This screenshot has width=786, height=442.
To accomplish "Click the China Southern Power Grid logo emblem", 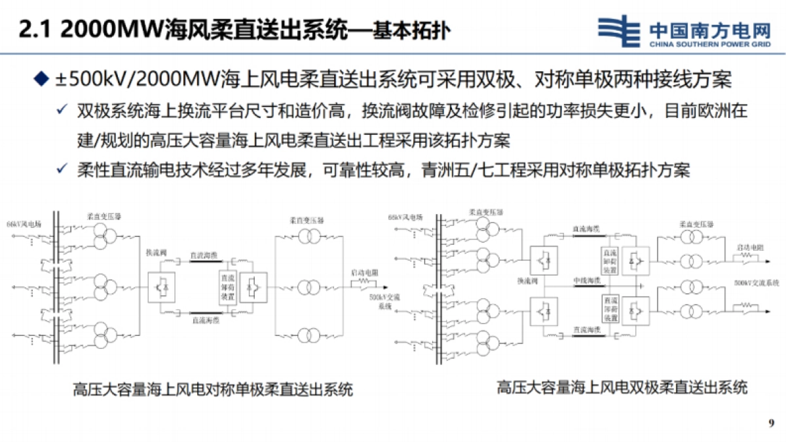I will point(620,31).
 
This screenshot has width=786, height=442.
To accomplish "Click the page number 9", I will point(770,421).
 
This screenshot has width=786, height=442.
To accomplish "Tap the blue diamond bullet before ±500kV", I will point(41,80).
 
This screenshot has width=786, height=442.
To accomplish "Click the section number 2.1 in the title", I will point(33,29).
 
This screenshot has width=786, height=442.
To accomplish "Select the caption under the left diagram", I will point(213,390).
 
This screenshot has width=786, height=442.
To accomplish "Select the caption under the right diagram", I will point(622,387).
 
